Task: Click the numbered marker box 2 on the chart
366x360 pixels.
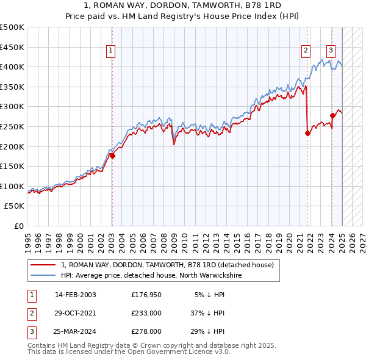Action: tap(305, 51)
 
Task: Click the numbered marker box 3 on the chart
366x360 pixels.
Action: tap(331, 51)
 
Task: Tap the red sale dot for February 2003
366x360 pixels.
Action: tap(112, 156)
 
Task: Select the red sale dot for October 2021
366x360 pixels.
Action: tap(307, 134)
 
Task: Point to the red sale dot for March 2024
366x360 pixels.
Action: tap(332, 115)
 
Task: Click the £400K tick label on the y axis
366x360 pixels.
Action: tap(12, 67)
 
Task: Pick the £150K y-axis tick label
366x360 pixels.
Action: tap(12, 166)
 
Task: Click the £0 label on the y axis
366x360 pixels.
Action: tap(20, 226)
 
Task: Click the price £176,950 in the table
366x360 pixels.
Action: tap(146, 295)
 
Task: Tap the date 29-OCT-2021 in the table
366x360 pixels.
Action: tap(76, 313)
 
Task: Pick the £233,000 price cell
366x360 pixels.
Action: tap(146, 313)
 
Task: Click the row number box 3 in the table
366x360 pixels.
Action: tap(30, 331)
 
